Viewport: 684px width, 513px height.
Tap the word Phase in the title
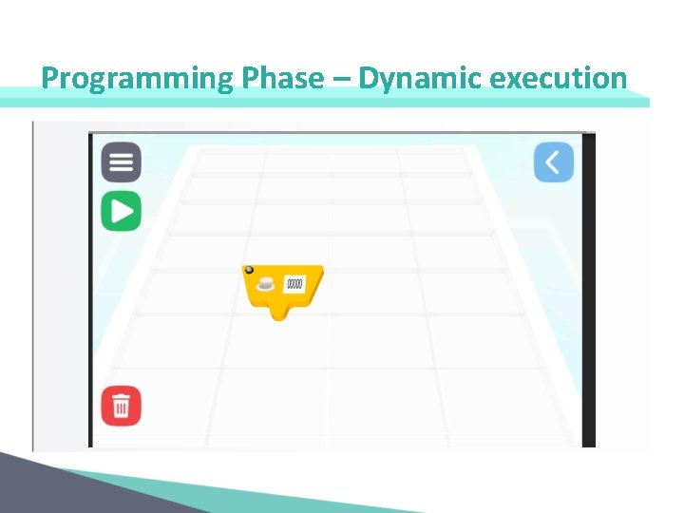pyautogui.click(x=282, y=78)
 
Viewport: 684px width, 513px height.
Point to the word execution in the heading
pyautogui.click(x=559, y=78)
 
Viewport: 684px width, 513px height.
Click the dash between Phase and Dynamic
pyautogui.click(x=341, y=79)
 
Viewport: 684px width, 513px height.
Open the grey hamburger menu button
pyautogui.click(x=122, y=162)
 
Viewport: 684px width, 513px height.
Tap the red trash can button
pyautogui.click(x=122, y=407)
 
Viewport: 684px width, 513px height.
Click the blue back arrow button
pyautogui.click(x=553, y=162)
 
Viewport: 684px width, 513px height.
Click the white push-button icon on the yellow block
pyautogui.click(x=267, y=283)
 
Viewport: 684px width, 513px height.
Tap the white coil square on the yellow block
pyautogui.click(x=294, y=283)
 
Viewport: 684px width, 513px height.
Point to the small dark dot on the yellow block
pyautogui.click(x=250, y=271)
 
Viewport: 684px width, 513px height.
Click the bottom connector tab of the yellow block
pyautogui.click(x=282, y=312)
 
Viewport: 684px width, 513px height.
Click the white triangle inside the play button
pyautogui.click(x=123, y=211)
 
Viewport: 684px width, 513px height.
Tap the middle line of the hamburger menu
pyautogui.click(x=122, y=162)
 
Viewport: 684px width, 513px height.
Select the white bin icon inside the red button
pyautogui.click(x=122, y=407)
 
